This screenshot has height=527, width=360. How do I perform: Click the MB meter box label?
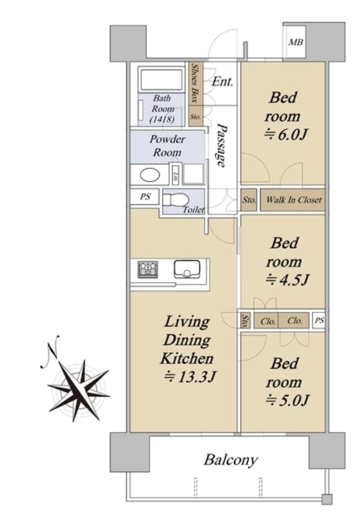[296, 43]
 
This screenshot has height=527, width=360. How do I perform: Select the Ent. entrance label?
[222, 82]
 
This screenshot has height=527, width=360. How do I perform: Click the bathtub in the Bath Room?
[161, 79]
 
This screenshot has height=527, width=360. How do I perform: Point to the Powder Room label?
[167, 146]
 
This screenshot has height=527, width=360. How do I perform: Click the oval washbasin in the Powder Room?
[150, 175]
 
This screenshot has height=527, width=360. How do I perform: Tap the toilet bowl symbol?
[175, 200]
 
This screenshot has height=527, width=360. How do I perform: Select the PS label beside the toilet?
[145, 196]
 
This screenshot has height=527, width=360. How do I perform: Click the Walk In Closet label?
[294, 200]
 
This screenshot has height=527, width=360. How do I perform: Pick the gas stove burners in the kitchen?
[148, 269]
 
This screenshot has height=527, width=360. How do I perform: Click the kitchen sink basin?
[187, 269]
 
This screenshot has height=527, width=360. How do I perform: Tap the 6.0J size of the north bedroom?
[286, 135]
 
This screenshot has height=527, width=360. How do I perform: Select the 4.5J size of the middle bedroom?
[287, 279]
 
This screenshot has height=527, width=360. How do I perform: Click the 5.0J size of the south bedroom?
[287, 400]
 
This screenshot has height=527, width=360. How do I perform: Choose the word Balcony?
[231, 459]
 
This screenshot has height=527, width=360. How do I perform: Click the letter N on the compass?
[49, 351]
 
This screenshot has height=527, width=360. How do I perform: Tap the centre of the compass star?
[80, 391]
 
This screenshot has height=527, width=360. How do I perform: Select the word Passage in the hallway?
[221, 145]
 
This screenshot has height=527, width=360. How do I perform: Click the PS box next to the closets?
[319, 320]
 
